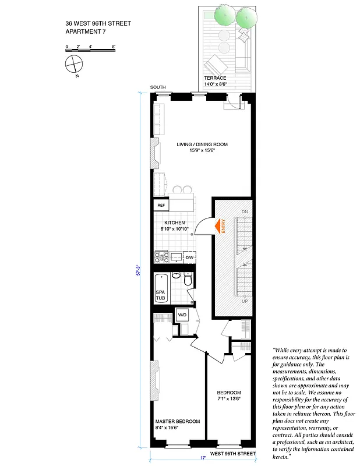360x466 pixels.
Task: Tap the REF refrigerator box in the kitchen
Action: coord(161,205)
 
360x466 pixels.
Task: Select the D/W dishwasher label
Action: coord(189,257)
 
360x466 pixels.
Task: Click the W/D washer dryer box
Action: coord(182,315)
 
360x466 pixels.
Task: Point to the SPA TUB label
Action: coord(160,295)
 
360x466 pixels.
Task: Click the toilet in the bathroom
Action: coord(187,280)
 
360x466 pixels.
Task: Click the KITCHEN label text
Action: coord(174,223)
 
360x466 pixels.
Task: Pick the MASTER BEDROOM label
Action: coord(177,421)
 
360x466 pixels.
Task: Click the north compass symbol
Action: coord(75,64)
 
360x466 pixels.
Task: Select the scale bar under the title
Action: coord(90,50)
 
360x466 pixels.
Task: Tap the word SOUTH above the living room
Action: coord(158,87)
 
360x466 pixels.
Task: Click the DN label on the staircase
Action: coord(245,211)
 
